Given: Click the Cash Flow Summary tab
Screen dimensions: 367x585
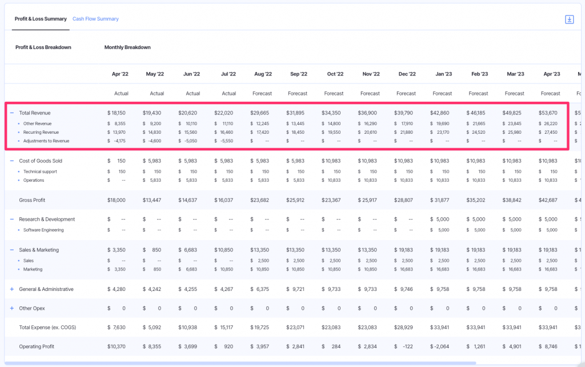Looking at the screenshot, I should click(95, 19).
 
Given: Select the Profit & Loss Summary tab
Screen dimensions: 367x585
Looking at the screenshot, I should click(41, 19).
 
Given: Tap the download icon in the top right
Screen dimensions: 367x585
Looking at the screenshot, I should click(569, 19).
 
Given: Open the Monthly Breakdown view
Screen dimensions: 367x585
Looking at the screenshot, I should click(127, 47).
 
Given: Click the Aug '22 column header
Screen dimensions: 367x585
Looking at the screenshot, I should click(263, 74).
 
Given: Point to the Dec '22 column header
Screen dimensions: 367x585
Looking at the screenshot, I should click(407, 74).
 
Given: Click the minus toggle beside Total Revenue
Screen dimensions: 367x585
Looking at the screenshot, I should click(11, 113).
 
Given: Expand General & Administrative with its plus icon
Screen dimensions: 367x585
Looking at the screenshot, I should click(11, 289).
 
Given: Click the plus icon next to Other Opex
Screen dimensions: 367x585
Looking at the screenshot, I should click(11, 309).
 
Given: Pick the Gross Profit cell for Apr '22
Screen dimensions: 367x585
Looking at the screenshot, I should click(117, 200).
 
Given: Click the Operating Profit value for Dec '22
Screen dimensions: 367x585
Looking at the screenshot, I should click(407, 346).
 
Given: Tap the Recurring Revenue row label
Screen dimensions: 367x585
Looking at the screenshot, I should click(41, 132).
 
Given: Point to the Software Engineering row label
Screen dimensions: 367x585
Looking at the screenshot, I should click(43, 230).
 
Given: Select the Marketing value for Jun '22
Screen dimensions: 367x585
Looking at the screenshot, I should click(190, 269).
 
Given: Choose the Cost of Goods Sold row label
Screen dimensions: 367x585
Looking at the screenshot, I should click(41, 161).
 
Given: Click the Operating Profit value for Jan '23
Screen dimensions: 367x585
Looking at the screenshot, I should click(442, 346).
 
